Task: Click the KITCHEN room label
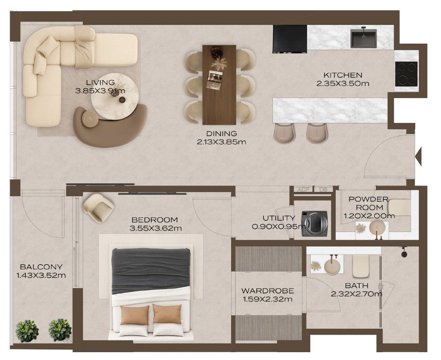click(342, 75)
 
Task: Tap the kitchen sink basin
click(363, 38)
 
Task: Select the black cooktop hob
click(406, 74)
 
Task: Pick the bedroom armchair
click(99, 208)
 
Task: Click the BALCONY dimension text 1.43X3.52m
click(41, 275)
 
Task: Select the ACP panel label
click(303, 189)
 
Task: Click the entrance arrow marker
click(419, 156)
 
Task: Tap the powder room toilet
click(400, 207)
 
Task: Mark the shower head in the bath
click(404, 252)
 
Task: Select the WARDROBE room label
click(267, 290)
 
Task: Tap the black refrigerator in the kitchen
click(290, 39)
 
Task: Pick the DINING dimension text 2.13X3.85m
click(221, 142)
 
